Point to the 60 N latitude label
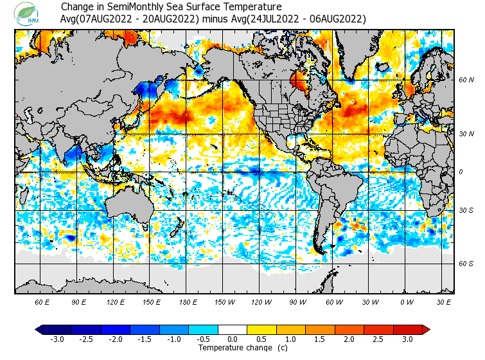[x=466, y=80]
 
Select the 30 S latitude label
[x=466, y=211]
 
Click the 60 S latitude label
[x=466, y=264]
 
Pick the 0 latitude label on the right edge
[x=461, y=172]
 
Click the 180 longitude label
[x=188, y=301]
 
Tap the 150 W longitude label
[x=224, y=301]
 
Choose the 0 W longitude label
[x=407, y=301]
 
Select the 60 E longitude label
[x=42, y=301]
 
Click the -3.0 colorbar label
[x=57, y=339]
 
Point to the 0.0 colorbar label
[x=233, y=339]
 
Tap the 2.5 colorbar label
[x=378, y=339]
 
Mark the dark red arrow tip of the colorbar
[x=426, y=329]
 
